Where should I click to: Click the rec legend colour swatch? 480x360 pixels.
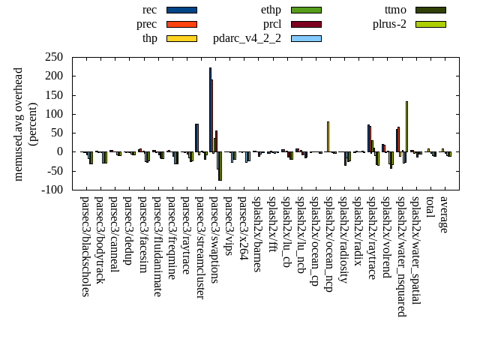181,10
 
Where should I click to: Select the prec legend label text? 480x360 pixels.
147,24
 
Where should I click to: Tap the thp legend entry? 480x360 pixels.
150,38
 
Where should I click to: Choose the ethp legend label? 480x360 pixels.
271,10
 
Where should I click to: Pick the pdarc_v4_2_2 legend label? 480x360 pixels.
247,38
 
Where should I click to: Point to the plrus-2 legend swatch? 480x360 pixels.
430,24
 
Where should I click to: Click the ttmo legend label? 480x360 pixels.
395,10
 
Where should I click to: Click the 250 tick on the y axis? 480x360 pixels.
52,57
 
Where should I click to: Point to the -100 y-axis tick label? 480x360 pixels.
51,190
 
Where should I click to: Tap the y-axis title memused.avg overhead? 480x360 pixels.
19,124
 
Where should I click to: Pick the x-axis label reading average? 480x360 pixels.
444,214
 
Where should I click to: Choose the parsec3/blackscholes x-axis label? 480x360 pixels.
85,246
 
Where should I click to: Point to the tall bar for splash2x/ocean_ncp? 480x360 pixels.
328,136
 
